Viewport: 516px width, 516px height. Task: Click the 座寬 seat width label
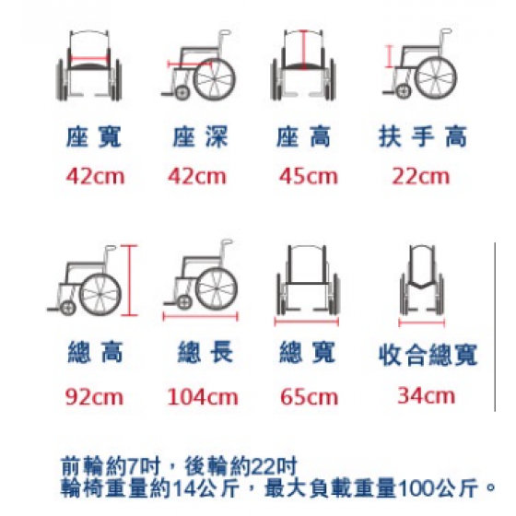point(94,137)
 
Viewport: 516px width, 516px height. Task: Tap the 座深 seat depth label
point(200,137)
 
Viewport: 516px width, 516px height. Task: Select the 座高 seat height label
point(303,137)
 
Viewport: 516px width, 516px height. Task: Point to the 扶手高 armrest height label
point(423,136)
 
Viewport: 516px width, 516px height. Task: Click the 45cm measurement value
point(309,176)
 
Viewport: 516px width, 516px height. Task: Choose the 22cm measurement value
point(420,176)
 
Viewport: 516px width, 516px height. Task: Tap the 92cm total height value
point(94,397)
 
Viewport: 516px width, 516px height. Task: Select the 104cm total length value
point(203,397)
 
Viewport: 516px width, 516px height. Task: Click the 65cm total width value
point(309,397)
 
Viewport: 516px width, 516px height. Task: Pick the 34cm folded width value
point(426,395)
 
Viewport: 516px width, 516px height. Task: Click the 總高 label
point(95,352)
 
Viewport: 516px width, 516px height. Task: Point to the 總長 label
point(205,352)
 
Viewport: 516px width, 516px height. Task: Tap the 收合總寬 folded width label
point(428,355)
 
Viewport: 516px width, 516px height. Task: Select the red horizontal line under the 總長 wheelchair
point(201,317)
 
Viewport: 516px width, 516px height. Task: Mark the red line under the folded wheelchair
point(422,322)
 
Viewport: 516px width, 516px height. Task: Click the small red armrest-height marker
point(389,56)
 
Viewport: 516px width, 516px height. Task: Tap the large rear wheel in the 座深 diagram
point(214,79)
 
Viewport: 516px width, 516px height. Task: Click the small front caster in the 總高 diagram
point(68,308)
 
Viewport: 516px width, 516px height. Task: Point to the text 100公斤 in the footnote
point(439,488)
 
